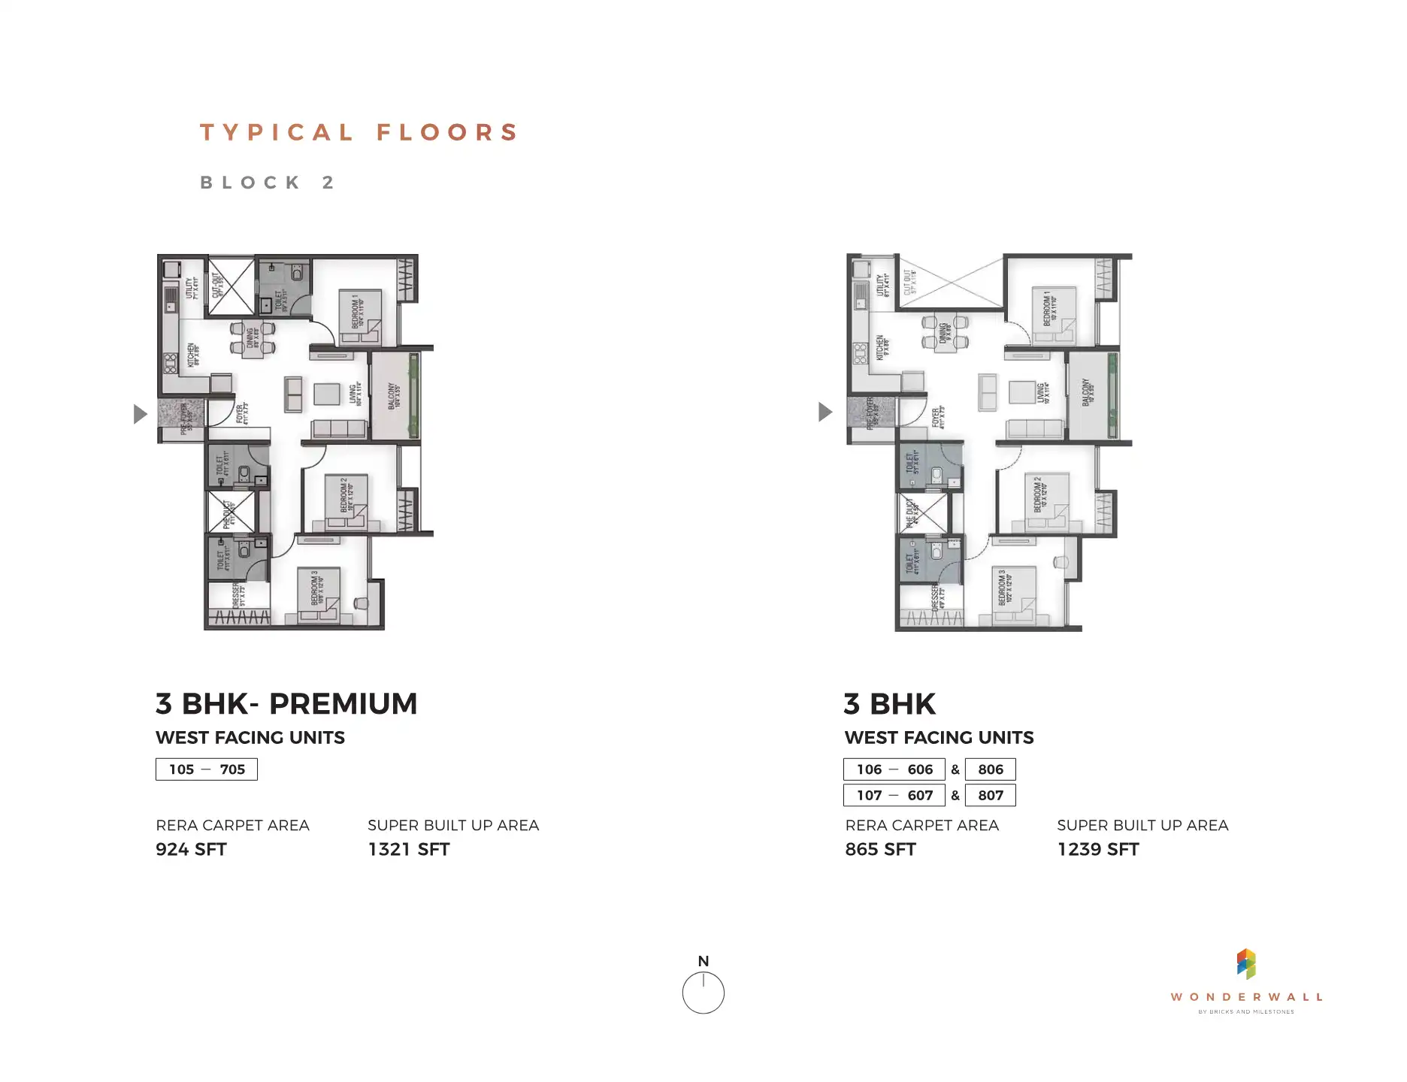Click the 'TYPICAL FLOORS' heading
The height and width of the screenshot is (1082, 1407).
pos(359,133)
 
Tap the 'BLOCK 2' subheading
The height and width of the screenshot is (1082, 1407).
pos(268,183)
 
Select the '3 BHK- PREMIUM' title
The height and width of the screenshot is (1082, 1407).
pos(286,704)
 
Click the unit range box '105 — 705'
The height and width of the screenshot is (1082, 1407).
pos(207,769)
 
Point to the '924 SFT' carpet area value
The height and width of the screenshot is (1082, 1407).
pos(191,850)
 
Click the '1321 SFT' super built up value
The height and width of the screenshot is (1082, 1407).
pos(408,850)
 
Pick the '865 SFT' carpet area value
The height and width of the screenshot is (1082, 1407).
pos(880,850)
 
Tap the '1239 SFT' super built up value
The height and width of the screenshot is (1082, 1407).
pos(1097,850)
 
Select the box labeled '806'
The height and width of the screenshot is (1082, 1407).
pos(991,769)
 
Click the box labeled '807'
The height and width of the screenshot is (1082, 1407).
pos(991,795)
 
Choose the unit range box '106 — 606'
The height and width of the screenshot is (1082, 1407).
pos(894,769)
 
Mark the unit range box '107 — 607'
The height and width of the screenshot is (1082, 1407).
pos(894,795)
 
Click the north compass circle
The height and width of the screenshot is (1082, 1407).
pos(703,993)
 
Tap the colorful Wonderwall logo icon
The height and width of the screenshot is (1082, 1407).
pos(1246,964)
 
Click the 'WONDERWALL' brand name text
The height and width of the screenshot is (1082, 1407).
pos(1246,997)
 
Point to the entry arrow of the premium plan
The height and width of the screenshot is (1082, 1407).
pos(140,414)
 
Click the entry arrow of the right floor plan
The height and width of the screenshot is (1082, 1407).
pos(825,412)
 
